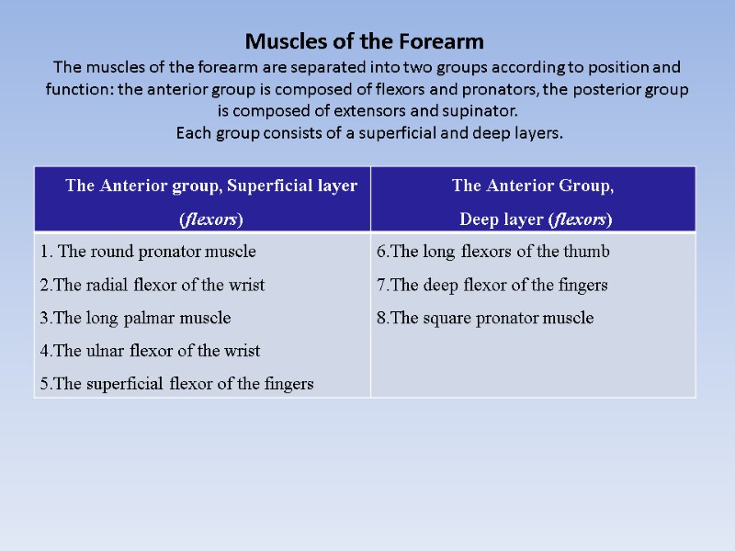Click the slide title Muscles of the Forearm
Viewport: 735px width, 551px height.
click(x=364, y=42)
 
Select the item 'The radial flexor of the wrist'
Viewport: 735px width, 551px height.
click(x=152, y=285)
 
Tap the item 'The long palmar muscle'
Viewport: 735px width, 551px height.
click(x=135, y=318)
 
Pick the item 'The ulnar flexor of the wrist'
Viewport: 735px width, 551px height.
click(x=150, y=351)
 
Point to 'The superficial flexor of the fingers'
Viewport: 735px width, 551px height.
click(x=176, y=384)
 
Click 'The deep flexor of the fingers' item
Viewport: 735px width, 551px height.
click(x=492, y=285)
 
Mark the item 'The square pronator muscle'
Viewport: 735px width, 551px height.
click(x=485, y=318)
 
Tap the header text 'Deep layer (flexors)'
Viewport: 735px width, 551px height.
click(x=536, y=219)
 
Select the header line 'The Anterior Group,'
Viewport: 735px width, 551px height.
click(x=533, y=186)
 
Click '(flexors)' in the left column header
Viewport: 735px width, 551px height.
click(x=210, y=219)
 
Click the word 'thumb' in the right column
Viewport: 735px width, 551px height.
click(x=589, y=252)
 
